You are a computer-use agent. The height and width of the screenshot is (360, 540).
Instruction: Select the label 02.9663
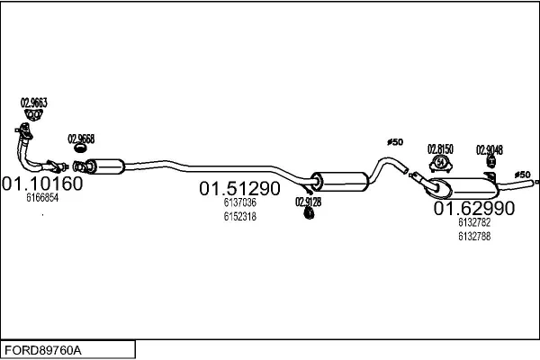33,103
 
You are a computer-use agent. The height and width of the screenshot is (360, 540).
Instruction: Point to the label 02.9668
81,139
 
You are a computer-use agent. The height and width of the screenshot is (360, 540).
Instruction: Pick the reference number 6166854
41,198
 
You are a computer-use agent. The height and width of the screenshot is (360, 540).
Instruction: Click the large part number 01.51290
239,189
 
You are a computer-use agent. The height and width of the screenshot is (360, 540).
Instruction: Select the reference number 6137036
240,203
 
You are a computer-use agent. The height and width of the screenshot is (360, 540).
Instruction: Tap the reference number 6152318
240,217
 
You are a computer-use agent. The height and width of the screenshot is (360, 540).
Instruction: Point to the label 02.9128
308,202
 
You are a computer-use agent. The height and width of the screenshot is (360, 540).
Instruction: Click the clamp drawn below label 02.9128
307,216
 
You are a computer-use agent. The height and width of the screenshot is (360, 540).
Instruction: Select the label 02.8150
440,148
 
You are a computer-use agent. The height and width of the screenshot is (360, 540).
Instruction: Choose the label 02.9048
489,149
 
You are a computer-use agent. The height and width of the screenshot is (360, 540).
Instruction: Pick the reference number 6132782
473,223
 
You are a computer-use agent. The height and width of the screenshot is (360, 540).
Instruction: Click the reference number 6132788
473,237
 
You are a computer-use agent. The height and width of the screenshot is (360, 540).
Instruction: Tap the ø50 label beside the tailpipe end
522,174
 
